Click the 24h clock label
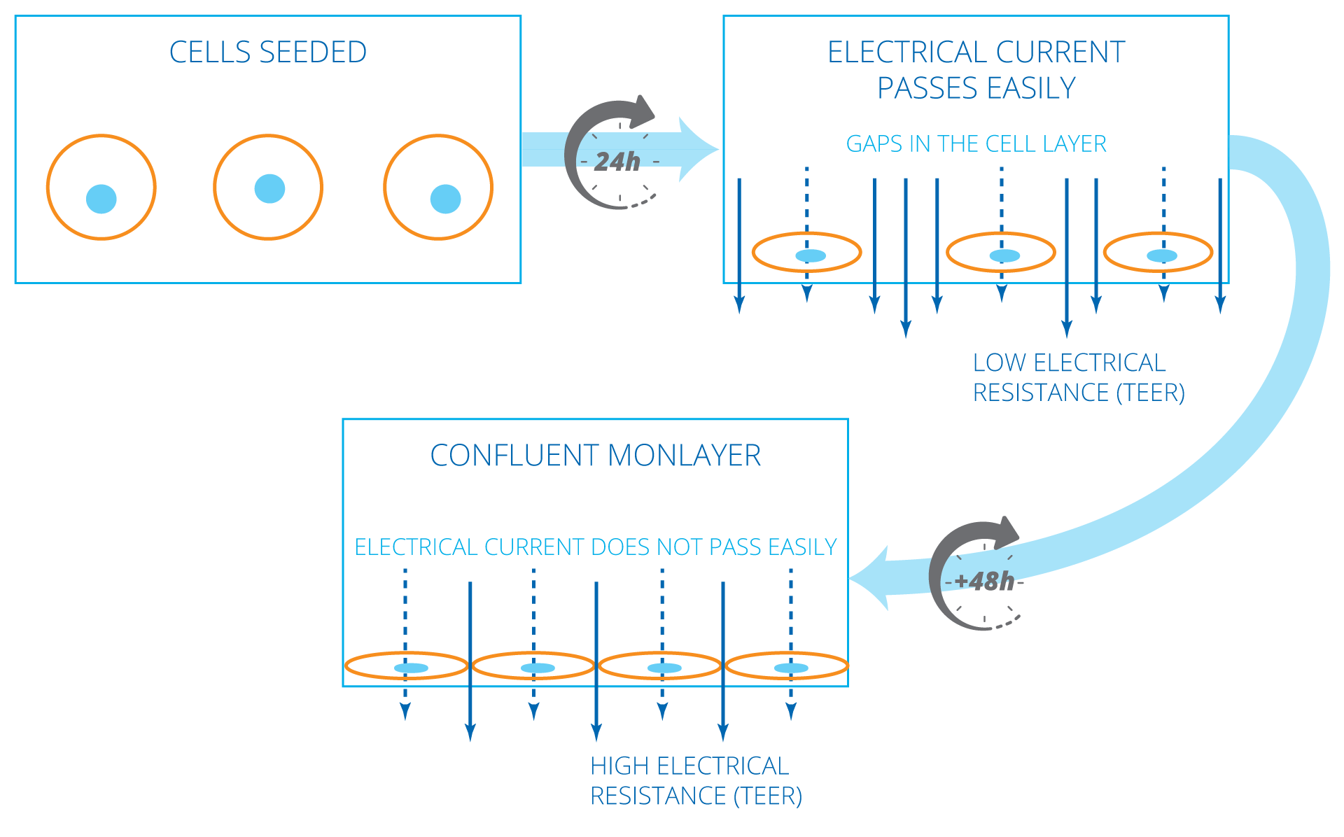pyautogui.click(x=617, y=162)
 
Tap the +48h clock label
pyautogui.click(x=983, y=581)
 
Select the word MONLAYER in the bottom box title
pyautogui.click(x=684, y=456)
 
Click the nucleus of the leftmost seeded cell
pyautogui.click(x=101, y=199)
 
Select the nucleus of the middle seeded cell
pyautogui.click(x=269, y=188)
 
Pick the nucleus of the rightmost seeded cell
pyautogui.click(x=445, y=199)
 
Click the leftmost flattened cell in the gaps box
pyautogui.click(x=806, y=253)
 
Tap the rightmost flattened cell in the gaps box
pyautogui.click(x=1158, y=253)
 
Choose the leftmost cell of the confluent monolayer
pyautogui.click(x=406, y=666)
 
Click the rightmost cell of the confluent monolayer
pyautogui.click(x=787, y=666)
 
